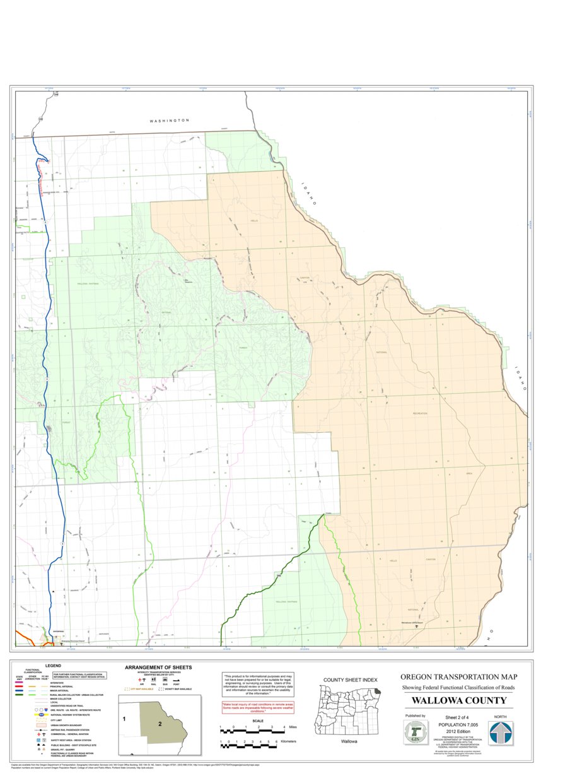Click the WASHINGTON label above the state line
click(x=169, y=120)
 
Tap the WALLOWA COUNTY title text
click(x=459, y=701)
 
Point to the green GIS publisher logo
click(x=416, y=733)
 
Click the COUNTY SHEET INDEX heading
click(x=350, y=680)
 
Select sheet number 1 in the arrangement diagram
click(x=125, y=719)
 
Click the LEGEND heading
click(x=53, y=666)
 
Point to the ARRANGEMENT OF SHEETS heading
click(x=158, y=667)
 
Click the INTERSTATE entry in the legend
click(x=57, y=683)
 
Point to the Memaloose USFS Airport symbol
click(x=416, y=626)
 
